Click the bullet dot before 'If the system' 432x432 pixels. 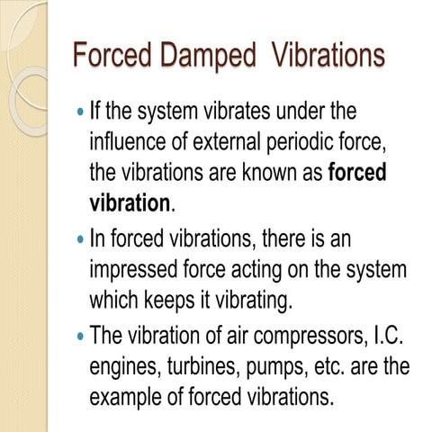point(81,114)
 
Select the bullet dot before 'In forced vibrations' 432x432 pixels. point(81,241)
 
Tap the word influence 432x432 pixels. point(131,142)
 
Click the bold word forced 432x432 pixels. point(357,171)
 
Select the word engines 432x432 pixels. point(124,366)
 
